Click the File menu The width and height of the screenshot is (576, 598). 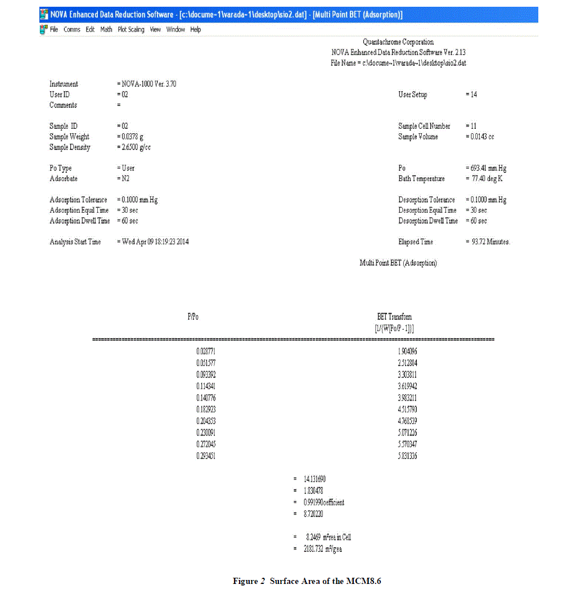[x=54, y=29]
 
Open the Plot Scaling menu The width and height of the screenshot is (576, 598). [x=130, y=29]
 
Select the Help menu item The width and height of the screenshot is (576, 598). [x=195, y=29]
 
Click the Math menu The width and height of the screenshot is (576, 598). [x=106, y=29]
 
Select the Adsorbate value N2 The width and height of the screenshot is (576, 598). [x=125, y=179]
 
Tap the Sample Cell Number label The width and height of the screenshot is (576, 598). [x=424, y=126]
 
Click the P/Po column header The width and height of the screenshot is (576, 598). [x=193, y=317]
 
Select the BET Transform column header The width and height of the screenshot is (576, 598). [x=394, y=317]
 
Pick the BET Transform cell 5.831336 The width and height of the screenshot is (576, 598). [x=407, y=456]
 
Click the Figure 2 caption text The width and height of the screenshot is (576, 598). [x=307, y=581]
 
